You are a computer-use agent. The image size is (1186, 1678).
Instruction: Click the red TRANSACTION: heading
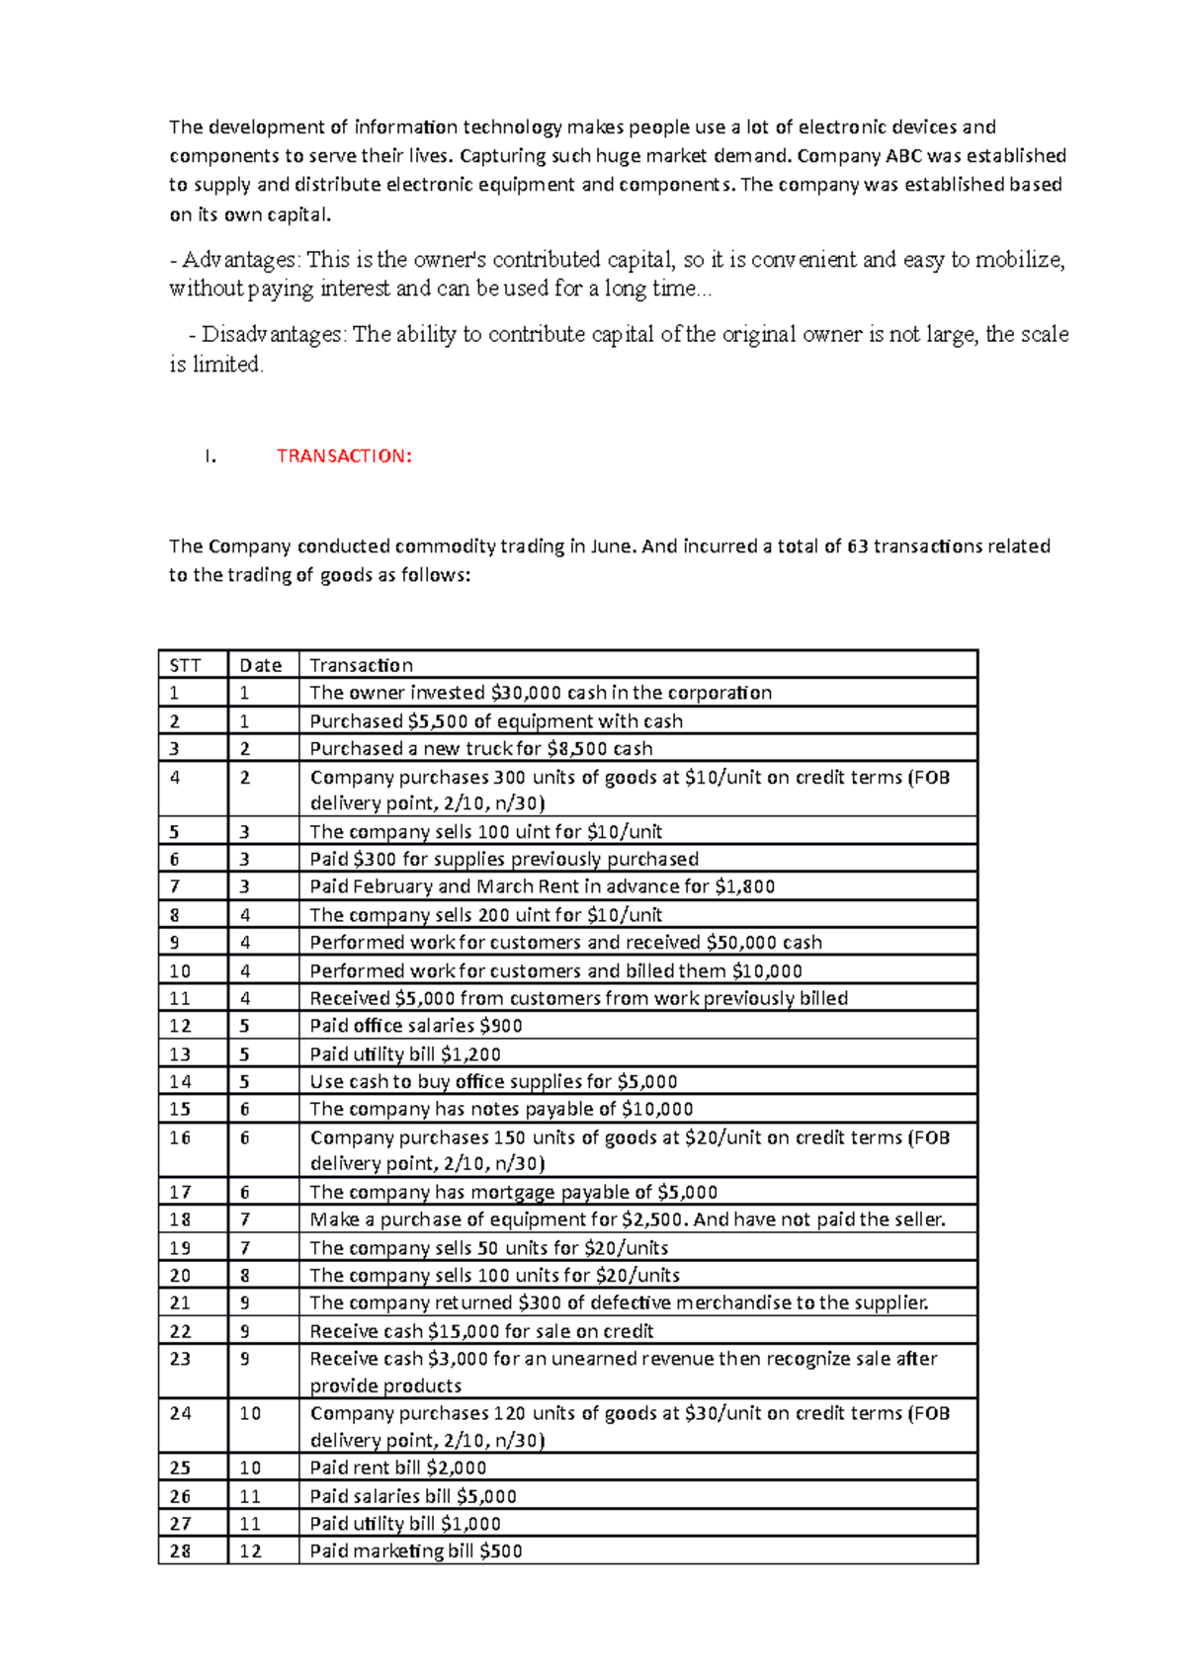pos(343,456)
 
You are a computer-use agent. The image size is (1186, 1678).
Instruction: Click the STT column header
pos(185,665)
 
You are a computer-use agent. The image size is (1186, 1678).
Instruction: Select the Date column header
pos(261,665)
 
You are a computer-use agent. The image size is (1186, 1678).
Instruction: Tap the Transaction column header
pos(361,665)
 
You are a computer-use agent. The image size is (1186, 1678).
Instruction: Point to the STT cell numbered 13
pos(180,1054)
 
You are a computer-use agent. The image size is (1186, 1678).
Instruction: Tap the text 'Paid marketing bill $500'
pos(415,1552)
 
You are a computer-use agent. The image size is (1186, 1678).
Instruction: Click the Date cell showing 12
pos(251,1552)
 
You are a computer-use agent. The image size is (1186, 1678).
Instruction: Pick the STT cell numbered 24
pos(180,1413)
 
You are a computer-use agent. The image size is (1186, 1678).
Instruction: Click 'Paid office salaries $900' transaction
pos(415,1026)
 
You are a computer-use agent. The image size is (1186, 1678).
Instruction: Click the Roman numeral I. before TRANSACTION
pos(209,456)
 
